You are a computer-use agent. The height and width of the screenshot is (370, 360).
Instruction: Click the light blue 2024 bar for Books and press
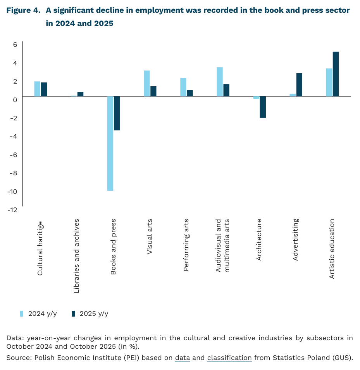click(110, 143)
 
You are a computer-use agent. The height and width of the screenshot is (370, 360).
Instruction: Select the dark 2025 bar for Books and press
click(117, 113)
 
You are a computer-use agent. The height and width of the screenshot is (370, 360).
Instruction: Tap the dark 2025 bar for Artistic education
click(336, 74)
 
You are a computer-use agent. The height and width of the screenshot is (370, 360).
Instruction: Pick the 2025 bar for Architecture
click(263, 107)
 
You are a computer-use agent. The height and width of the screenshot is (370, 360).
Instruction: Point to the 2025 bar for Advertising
click(299, 84)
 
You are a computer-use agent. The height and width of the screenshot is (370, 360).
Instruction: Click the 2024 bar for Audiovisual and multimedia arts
click(220, 82)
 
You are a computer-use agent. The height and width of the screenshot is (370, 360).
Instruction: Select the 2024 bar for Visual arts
click(147, 83)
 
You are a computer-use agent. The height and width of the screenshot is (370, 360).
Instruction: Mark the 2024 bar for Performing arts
click(183, 87)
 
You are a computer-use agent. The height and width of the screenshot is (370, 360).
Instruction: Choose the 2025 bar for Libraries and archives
click(80, 94)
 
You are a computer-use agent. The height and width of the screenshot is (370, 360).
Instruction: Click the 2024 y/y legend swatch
click(22, 313)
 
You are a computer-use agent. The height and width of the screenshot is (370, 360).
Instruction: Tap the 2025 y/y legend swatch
click(73, 313)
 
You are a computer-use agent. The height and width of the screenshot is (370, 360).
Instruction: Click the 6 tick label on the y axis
click(15, 45)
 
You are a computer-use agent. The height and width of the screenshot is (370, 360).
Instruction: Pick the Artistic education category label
click(332, 248)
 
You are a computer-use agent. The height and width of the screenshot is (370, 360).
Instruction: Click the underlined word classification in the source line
click(229, 358)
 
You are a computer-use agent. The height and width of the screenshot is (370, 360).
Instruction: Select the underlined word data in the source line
click(182, 358)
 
